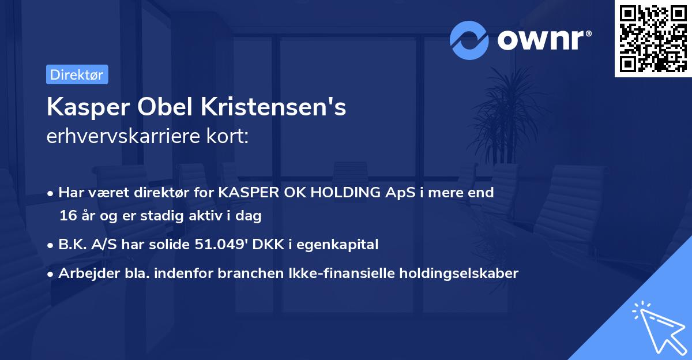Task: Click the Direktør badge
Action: [x=77, y=74]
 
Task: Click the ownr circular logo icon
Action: [x=469, y=40]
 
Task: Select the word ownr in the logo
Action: [x=543, y=40]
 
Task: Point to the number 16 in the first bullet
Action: [x=67, y=216]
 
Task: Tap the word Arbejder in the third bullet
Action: [x=84, y=273]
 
